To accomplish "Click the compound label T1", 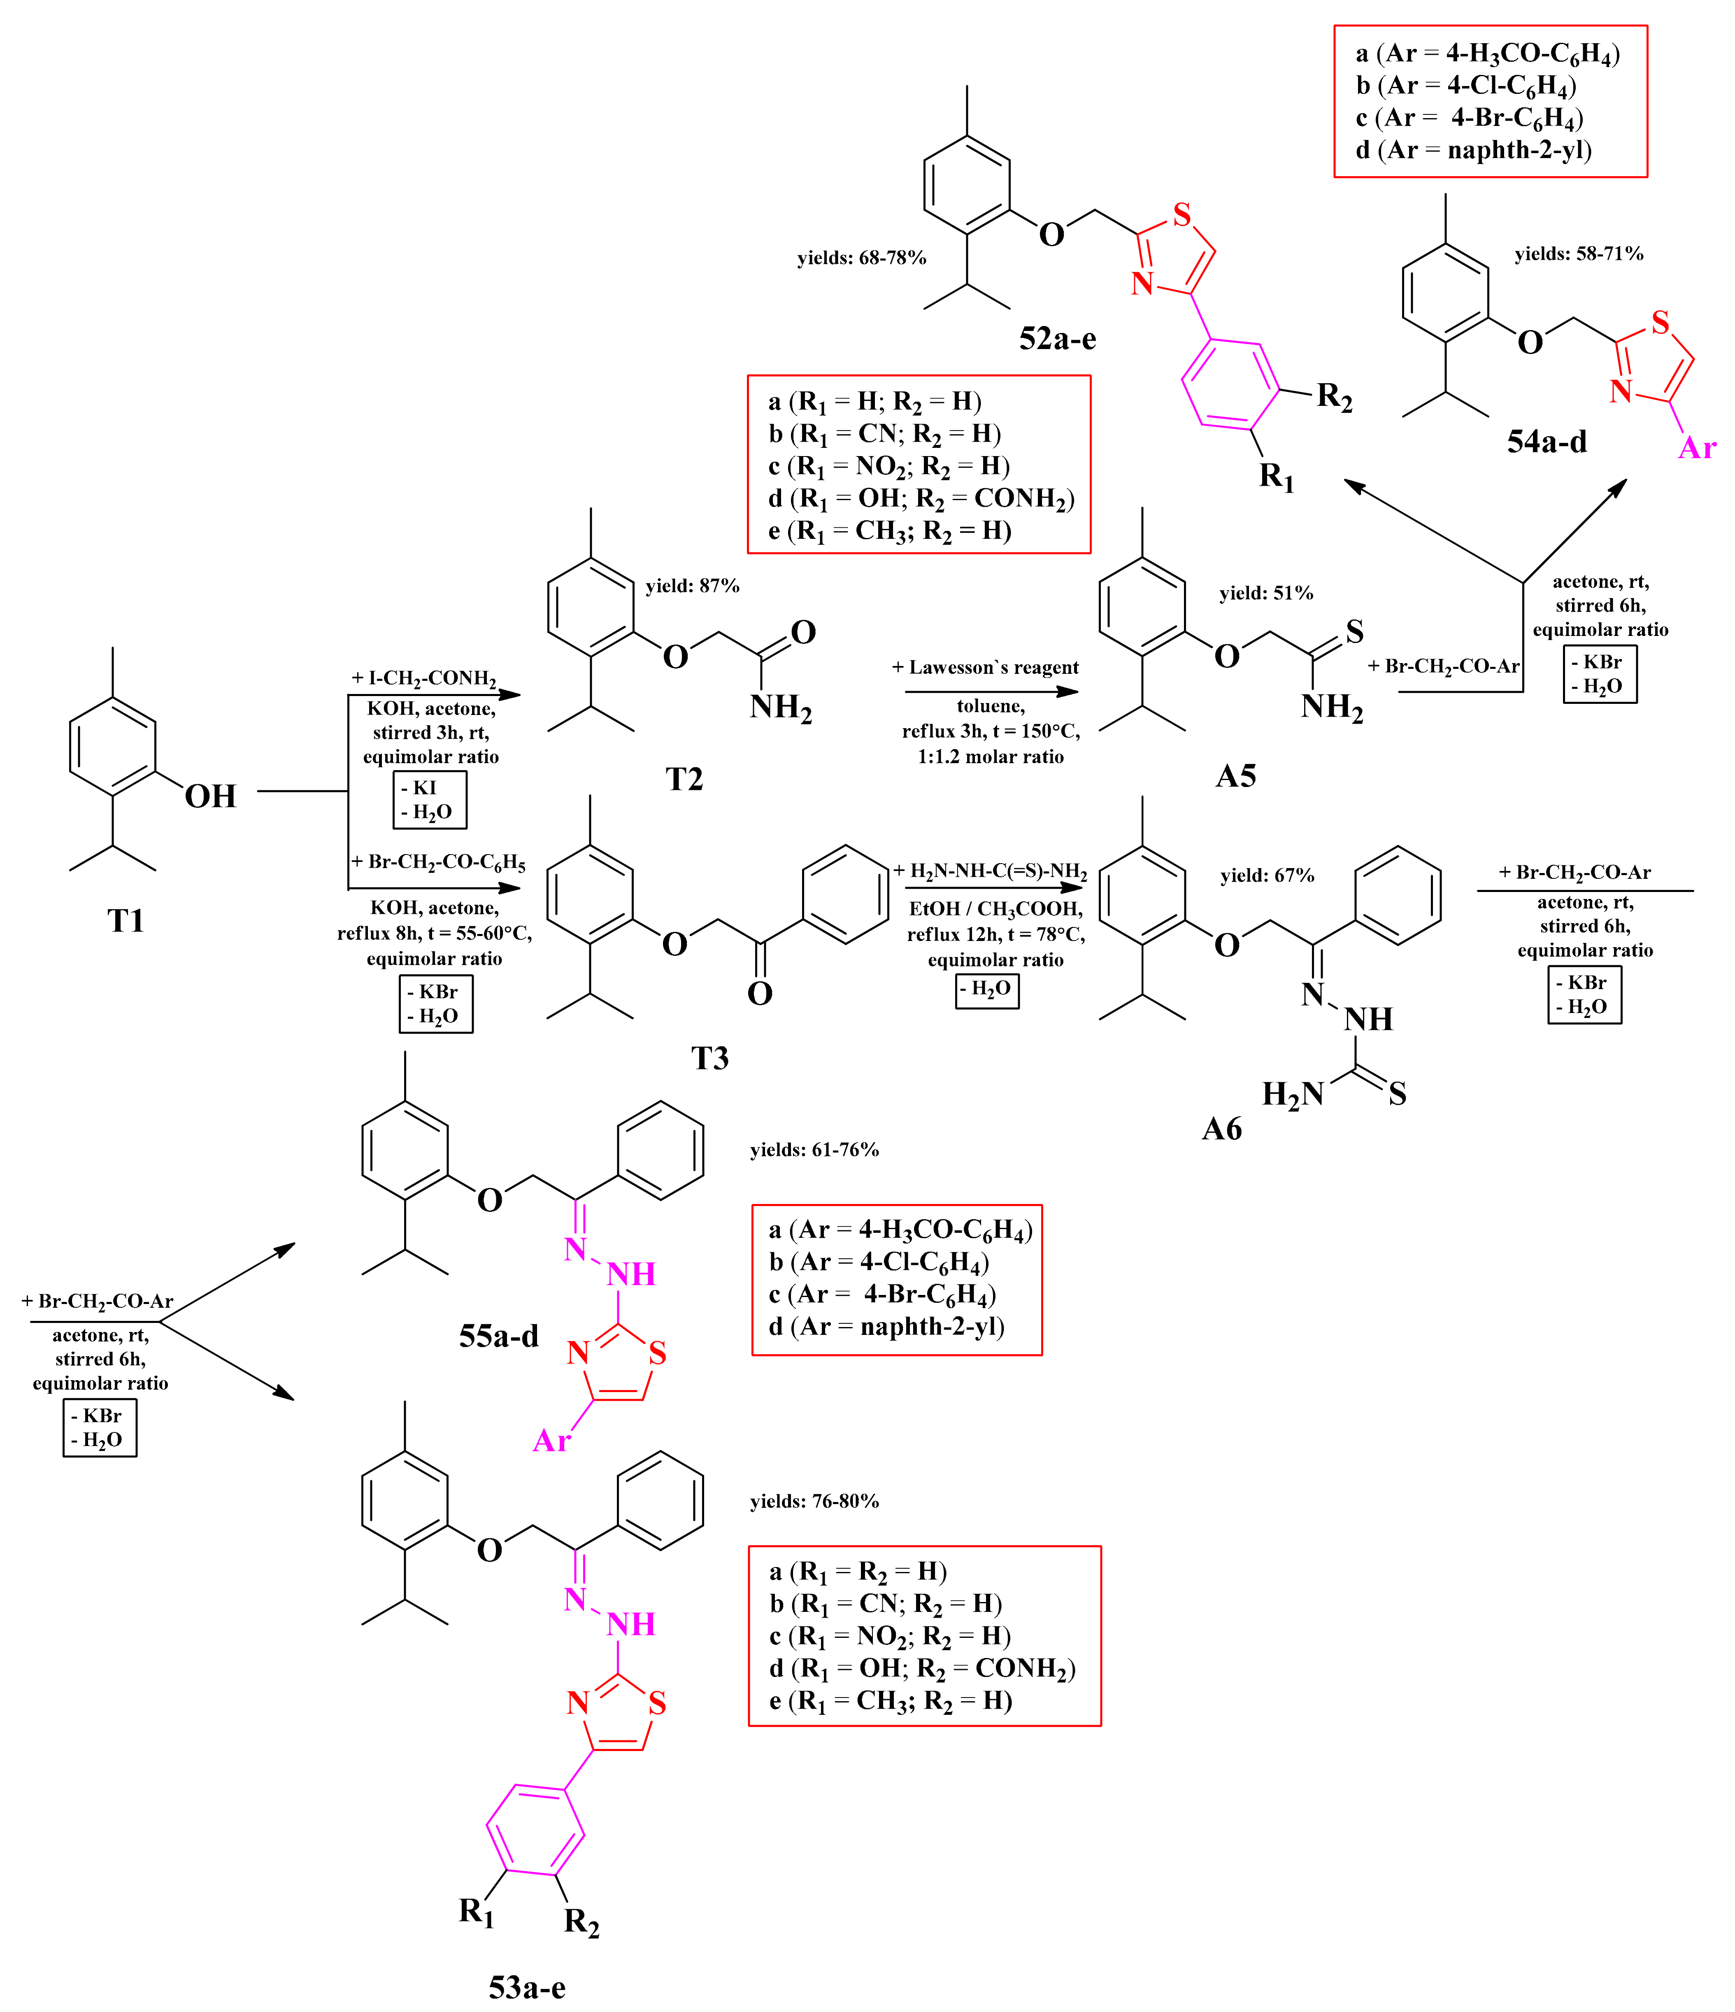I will coord(125,920).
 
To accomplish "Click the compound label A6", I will coord(1221,1128).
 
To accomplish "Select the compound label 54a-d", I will coord(1547,442).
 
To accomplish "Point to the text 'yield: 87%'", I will coord(692,586).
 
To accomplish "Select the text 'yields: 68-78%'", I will coord(861,257).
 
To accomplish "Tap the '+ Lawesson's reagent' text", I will coord(986,667).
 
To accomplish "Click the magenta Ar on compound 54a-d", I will coord(1696,448).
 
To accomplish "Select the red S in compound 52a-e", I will coord(1181,214).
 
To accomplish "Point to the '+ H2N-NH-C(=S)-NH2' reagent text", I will coord(990,871).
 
